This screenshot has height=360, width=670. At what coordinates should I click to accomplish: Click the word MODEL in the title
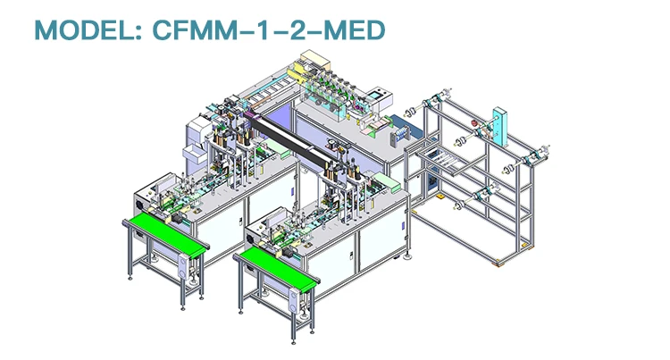tap(86, 30)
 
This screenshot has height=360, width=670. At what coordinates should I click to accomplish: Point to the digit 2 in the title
tap(297, 30)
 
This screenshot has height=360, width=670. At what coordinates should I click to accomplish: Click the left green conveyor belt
tap(167, 233)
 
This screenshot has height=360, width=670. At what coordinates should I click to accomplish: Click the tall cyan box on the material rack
tap(499, 127)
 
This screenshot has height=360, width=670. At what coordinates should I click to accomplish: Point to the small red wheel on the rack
tap(474, 124)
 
